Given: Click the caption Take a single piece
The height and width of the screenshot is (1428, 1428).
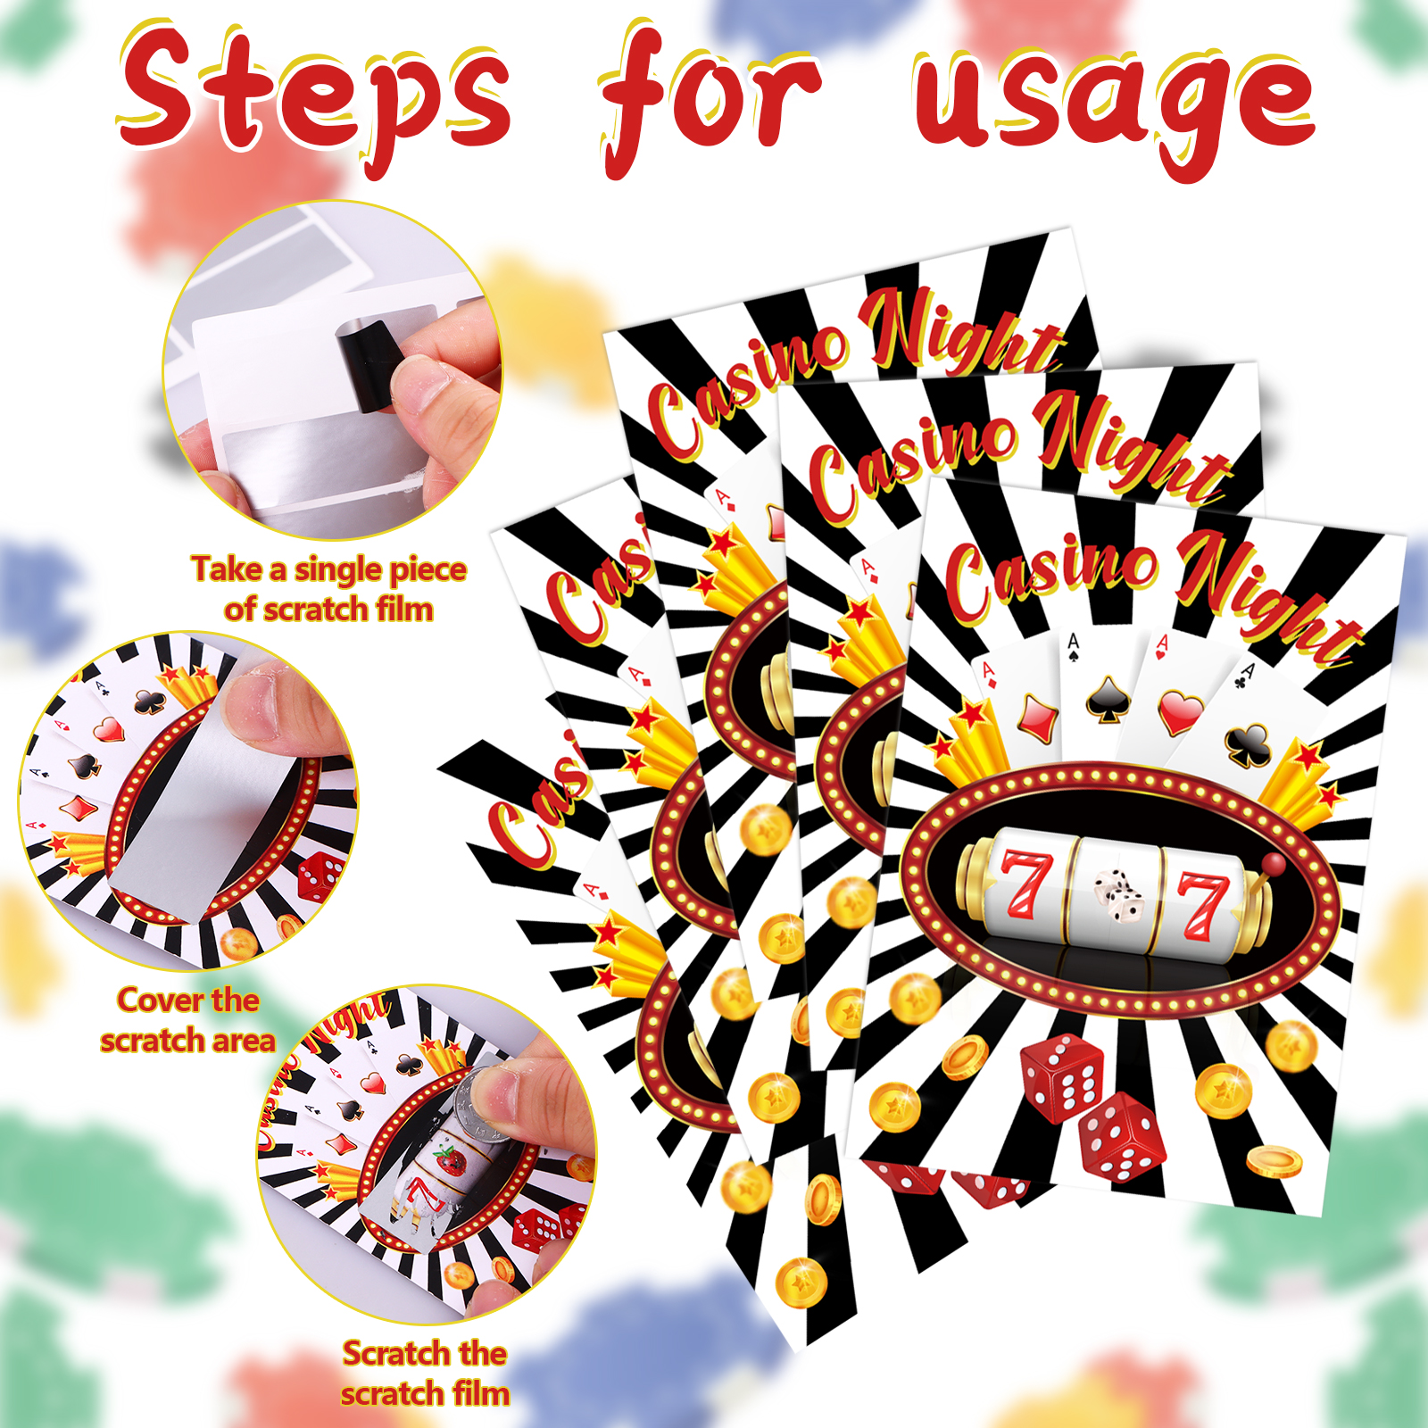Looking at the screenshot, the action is coord(329,569).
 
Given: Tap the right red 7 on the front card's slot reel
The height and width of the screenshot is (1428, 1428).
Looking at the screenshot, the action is coord(1201,907).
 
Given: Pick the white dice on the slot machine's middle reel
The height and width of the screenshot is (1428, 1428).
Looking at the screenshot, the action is coord(1117,896).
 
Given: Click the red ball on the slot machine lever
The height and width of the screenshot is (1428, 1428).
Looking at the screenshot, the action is coord(1274,863).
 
